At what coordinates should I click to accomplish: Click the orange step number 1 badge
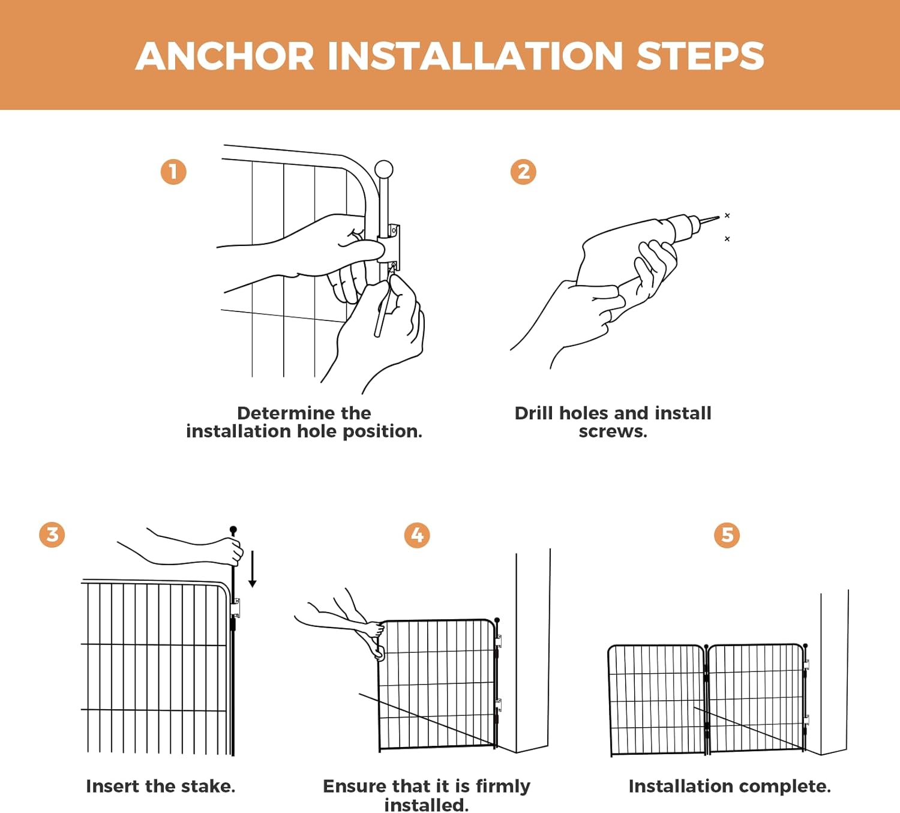coord(173,172)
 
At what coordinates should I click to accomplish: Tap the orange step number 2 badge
coord(523,172)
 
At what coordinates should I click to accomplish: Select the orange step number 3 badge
coord(52,535)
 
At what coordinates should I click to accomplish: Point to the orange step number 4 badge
coord(417,535)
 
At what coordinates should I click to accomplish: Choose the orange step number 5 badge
coord(727,535)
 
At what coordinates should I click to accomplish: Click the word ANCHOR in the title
coord(225,56)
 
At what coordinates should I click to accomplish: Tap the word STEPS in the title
coord(700,56)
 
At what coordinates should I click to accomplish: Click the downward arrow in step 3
coord(253,569)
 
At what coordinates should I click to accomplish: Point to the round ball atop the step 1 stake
coord(383,170)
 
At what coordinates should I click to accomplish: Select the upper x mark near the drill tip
coord(727,215)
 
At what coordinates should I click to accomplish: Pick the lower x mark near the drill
coord(727,239)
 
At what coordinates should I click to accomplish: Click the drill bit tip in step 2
coord(719,217)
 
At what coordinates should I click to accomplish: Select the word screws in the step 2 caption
coord(613,431)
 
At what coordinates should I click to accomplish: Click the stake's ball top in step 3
coord(233,530)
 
